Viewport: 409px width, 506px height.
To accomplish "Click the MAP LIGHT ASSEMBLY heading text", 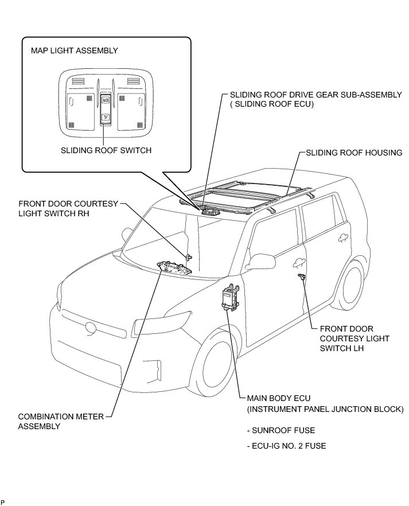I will tap(74, 50).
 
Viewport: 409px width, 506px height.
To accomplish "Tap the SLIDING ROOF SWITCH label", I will tap(106, 151).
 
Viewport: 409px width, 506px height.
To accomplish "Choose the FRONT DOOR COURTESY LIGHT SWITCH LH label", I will tap(354, 338).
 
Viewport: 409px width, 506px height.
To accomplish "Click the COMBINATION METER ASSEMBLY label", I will tap(53, 422).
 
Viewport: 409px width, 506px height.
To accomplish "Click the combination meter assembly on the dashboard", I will tap(174, 268).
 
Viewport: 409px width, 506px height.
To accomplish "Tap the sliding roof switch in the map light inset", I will tap(106, 108).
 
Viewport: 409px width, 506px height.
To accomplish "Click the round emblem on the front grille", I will tap(91, 328).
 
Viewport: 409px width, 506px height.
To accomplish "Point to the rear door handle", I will tap(344, 236).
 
